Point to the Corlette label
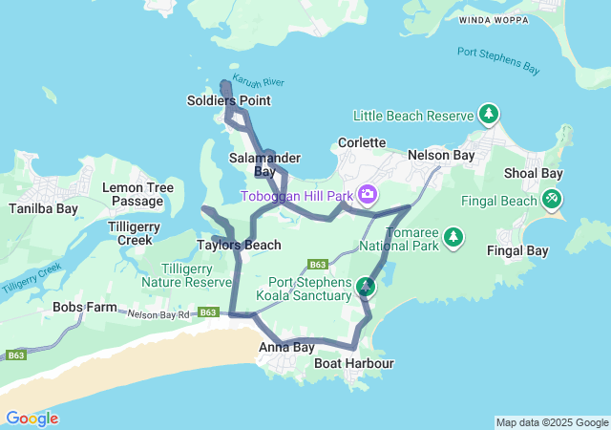(x=362, y=142)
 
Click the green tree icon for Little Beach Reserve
(x=489, y=116)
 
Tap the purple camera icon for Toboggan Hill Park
(x=368, y=196)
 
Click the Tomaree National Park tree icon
(x=453, y=236)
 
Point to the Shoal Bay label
(x=533, y=173)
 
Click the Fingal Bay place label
(x=517, y=251)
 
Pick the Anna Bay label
(x=286, y=348)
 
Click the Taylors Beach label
(x=239, y=245)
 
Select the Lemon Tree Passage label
(x=137, y=194)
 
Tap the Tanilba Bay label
(x=43, y=208)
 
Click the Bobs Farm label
(x=84, y=309)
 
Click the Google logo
(x=32, y=419)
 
